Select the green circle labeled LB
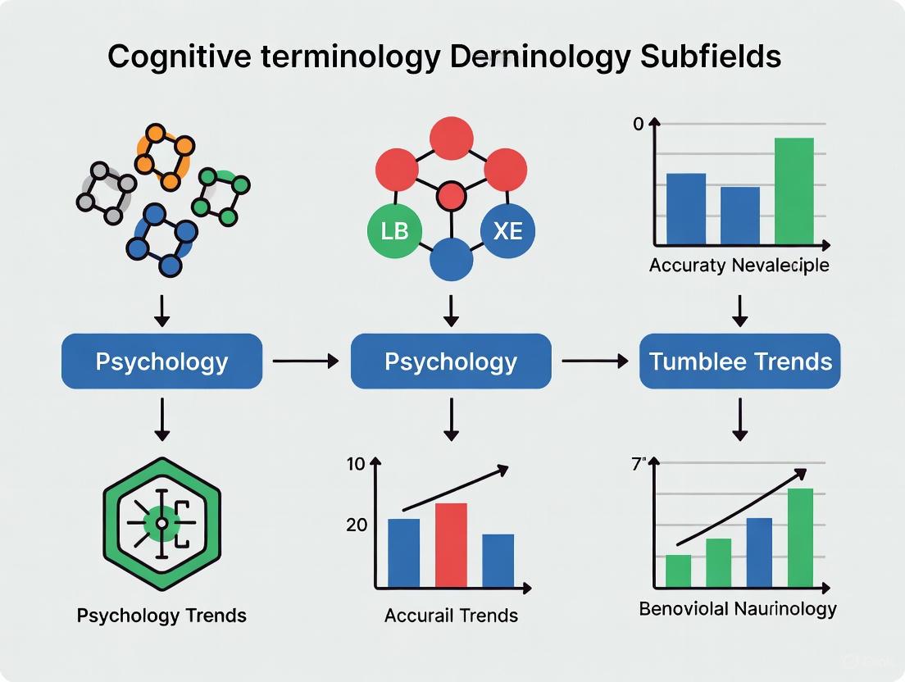tap(394, 231)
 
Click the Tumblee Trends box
tap(739, 361)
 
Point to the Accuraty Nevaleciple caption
tap(739, 266)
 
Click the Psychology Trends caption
tap(161, 615)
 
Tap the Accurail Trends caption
tap(451, 615)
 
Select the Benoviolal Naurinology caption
tap(738, 608)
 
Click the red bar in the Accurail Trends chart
tap(451, 544)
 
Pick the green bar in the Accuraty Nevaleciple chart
tap(794, 190)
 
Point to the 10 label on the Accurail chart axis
tap(356, 464)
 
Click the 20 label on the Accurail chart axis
tap(357, 525)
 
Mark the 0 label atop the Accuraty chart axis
tap(639, 125)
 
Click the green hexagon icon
tap(161, 523)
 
